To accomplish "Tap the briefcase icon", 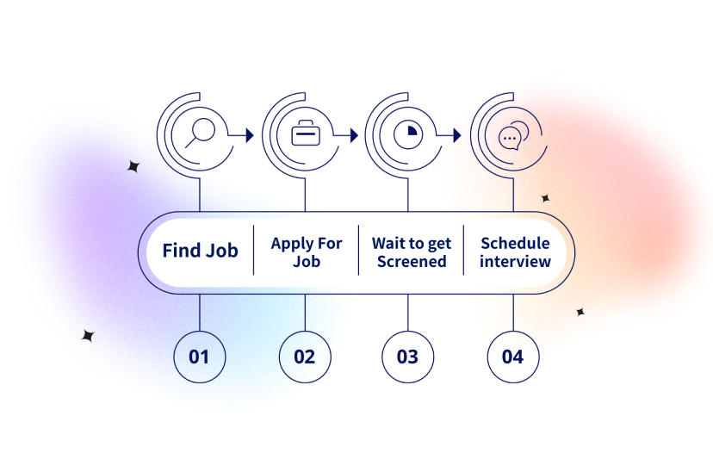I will (x=305, y=134).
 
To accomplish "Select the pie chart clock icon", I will (x=407, y=135).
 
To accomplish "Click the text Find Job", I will (x=201, y=251).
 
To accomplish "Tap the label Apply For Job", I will (x=306, y=252).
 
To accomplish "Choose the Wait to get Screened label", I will (x=412, y=252).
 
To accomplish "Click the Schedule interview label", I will (x=515, y=252).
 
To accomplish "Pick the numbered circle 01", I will (x=199, y=356).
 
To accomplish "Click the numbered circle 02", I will (x=304, y=356).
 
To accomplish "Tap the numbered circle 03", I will (x=407, y=356).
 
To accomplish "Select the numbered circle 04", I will (x=512, y=356).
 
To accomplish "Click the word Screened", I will (x=412, y=261).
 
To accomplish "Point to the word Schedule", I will (x=515, y=243).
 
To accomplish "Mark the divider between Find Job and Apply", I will (x=253, y=251).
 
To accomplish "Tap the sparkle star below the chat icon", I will (x=545, y=198).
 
